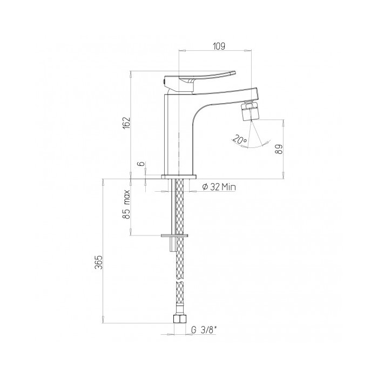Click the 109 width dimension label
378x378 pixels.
coord(219,46)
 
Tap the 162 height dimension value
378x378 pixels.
coord(126,123)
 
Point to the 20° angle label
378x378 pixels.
coord(240,139)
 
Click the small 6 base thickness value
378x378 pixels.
coord(141,164)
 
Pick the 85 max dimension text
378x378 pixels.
coord(126,205)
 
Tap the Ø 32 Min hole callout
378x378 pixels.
coord(219,187)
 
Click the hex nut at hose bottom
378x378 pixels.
coord(180,319)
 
